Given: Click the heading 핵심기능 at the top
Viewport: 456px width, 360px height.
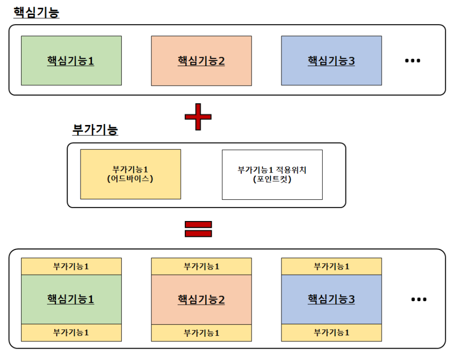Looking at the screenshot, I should coord(36,12).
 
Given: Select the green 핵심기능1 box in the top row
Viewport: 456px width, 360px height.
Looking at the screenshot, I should coord(71,60).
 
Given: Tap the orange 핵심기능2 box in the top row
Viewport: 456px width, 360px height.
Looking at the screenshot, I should coord(201,60).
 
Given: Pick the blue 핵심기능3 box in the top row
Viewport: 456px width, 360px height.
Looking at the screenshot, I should coord(332,60).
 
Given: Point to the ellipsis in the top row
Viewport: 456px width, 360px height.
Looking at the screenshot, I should coord(413,61).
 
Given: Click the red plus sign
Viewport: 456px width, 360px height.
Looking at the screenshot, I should coord(198,117).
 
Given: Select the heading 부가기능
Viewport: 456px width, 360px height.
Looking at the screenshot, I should coord(95,130).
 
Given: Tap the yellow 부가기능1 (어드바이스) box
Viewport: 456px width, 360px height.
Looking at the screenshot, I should coord(131,175).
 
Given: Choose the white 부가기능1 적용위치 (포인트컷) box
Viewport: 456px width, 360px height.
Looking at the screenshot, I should coord(272,175).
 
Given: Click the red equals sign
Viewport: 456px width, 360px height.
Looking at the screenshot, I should coord(198,229).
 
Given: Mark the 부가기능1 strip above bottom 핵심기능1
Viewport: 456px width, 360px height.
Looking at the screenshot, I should coord(71,267).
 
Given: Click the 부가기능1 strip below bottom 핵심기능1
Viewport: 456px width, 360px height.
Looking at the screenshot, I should coord(71,333).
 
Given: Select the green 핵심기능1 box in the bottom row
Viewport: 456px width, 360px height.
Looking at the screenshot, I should coord(71,299).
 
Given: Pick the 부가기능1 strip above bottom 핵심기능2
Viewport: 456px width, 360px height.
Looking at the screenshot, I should coord(201,267).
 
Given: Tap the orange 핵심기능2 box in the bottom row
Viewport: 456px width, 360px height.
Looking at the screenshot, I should coord(201,299).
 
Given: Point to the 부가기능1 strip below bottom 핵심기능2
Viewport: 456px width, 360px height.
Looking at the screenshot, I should coord(201,333).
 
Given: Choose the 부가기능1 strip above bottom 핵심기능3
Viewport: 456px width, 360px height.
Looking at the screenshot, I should coord(332,267).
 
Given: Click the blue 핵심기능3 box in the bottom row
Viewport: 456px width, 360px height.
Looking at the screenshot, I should coord(332,299).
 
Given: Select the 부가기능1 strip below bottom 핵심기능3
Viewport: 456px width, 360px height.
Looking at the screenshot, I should coord(332,333).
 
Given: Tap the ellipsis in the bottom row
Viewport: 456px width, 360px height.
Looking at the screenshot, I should coord(419,300).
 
